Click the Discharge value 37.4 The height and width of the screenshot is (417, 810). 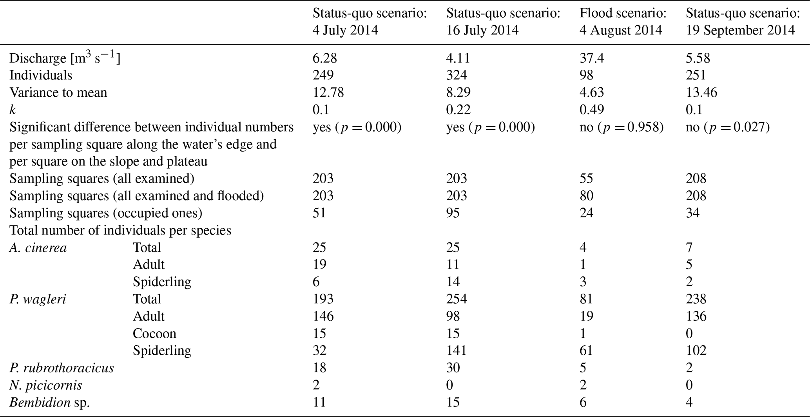pyautogui.click(x=592, y=58)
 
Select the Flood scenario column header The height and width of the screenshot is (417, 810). pyautogui.click(x=623, y=22)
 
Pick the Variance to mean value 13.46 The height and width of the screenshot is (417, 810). pyautogui.click(x=701, y=92)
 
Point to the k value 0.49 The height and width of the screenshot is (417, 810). pyautogui.click(x=592, y=110)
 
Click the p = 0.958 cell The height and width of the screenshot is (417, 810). pyautogui.click(x=622, y=127)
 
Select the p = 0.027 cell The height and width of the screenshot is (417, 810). pyautogui.click(x=728, y=127)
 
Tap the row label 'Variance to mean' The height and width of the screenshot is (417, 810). pyautogui.click(x=58, y=92)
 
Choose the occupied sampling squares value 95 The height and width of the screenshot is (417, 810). pyautogui.click(x=453, y=213)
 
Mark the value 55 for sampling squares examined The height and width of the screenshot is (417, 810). pyautogui.click(x=586, y=179)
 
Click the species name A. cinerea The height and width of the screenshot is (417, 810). pyautogui.click(x=38, y=247)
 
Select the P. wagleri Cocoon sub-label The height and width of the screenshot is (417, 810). pyautogui.click(x=154, y=334)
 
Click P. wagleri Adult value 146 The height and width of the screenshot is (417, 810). pyautogui.click(x=323, y=316)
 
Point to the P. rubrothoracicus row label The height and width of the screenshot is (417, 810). pyautogui.click(x=62, y=368)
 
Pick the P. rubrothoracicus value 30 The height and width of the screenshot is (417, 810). pyautogui.click(x=453, y=368)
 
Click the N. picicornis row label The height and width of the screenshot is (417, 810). pyautogui.click(x=46, y=385)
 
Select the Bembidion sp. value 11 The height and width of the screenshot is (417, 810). pyautogui.click(x=319, y=403)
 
